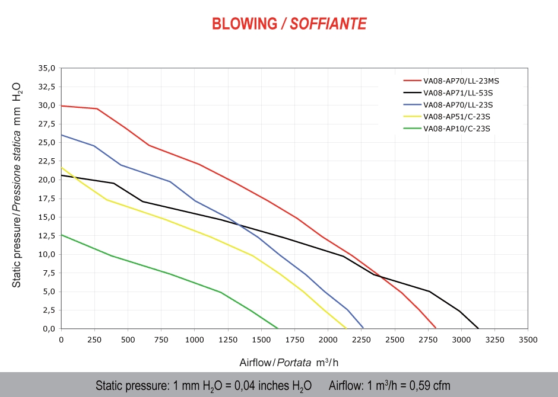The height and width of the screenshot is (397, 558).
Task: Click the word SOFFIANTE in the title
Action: coord(328,24)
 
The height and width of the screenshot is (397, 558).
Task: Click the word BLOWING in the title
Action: coord(245,24)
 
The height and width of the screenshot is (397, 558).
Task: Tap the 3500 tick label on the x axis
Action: coord(528,340)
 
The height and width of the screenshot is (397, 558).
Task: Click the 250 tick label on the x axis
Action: coord(94,340)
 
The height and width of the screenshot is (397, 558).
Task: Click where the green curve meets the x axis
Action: coord(277,328)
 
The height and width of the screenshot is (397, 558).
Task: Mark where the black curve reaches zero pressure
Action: coord(478,328)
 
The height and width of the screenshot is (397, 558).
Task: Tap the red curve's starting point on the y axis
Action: coord(62,105)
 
